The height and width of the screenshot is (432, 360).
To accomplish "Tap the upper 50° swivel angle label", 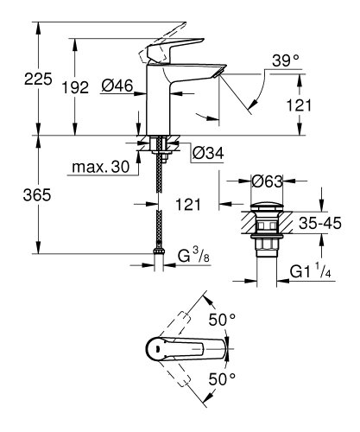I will click(x=226, y=319).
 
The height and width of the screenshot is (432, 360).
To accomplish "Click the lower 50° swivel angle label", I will click(x=226, y=378).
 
